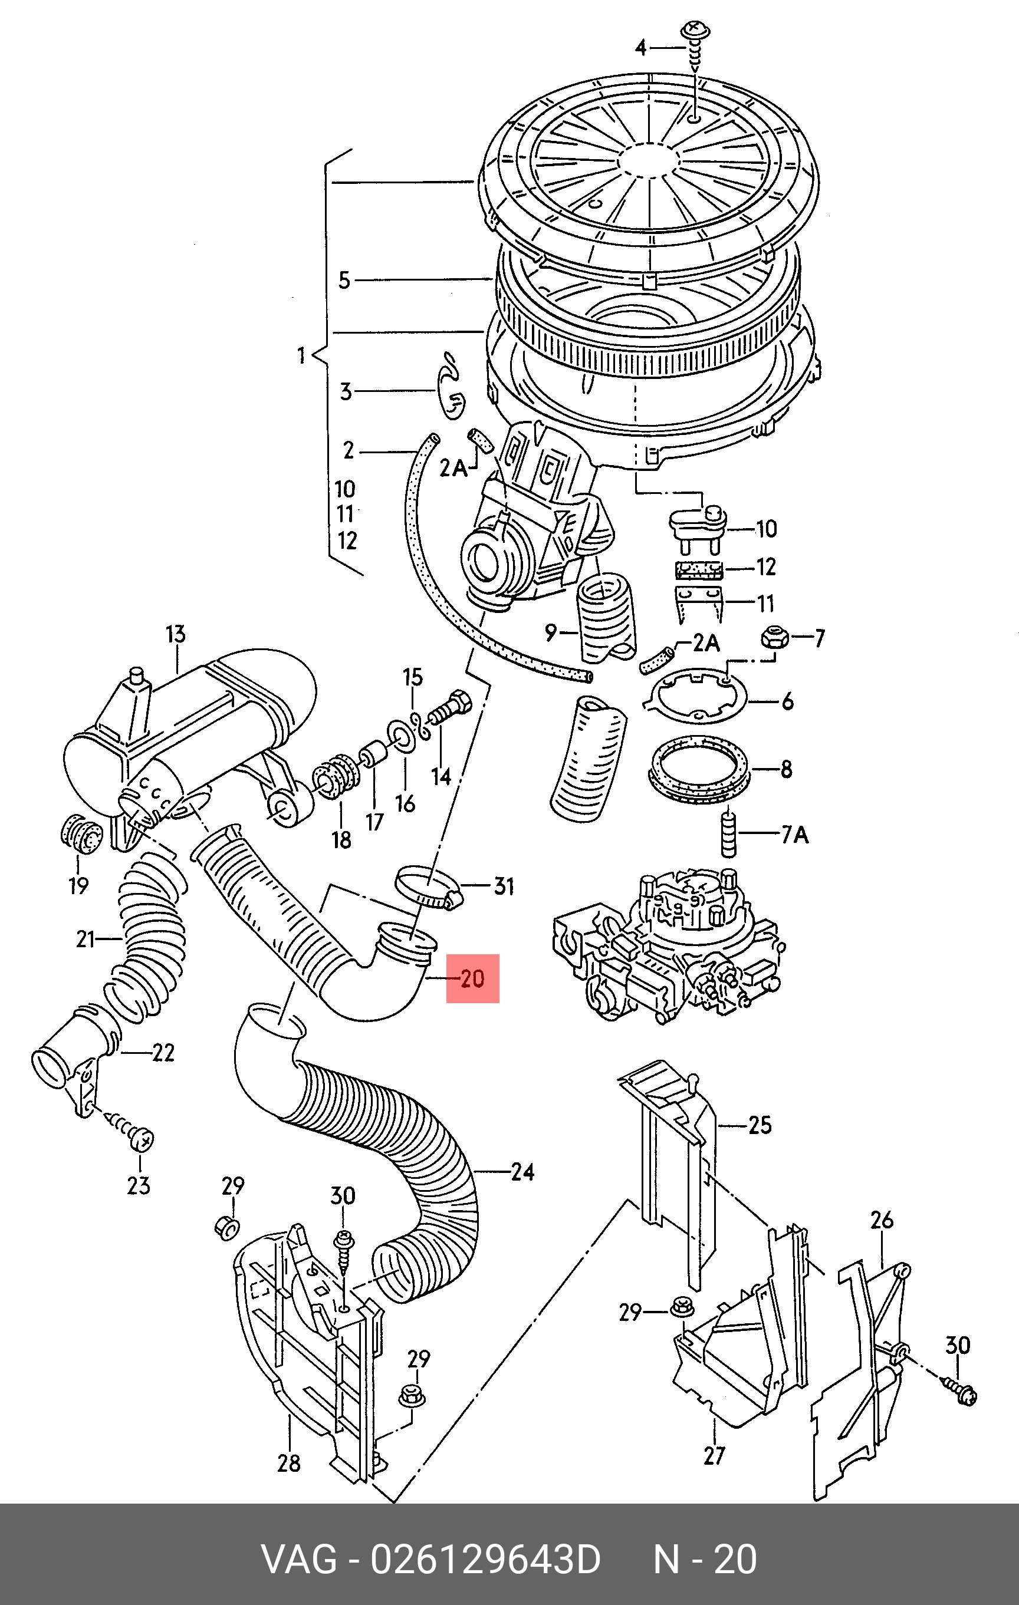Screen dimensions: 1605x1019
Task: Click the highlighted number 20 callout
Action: pos(472,978)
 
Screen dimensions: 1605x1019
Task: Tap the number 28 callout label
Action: pos(289,1463)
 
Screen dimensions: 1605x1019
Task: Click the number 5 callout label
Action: pos(344,280)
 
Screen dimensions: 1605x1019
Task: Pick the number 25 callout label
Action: pos(760,1125)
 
